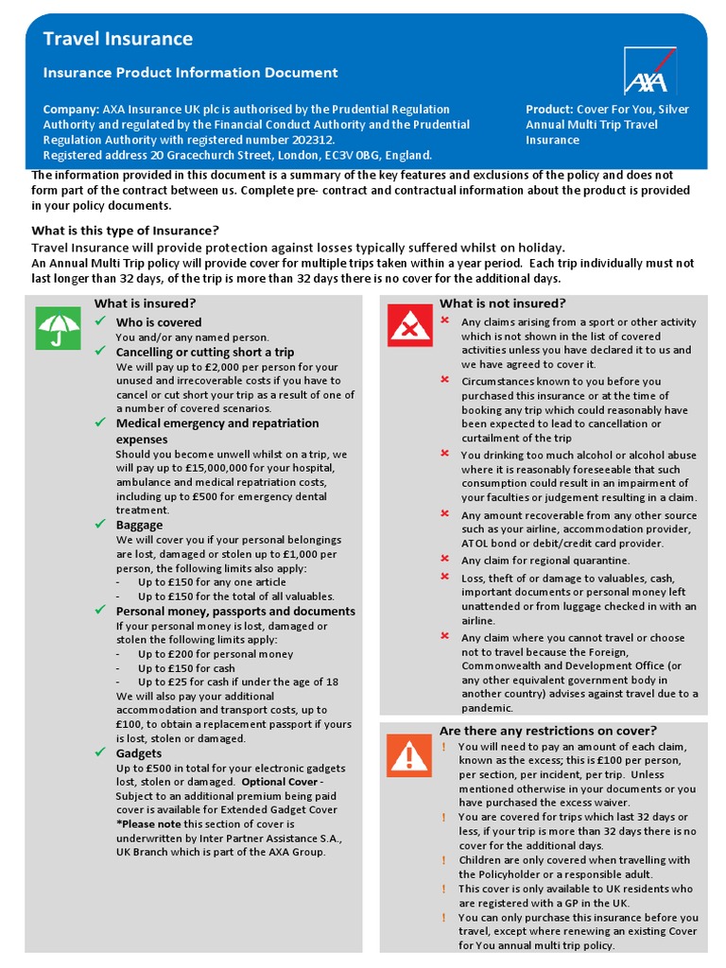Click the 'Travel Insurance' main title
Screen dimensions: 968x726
pyautogui.click(x=117, y=39)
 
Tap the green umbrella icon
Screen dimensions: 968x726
pyautogui.click(x=59, y=329)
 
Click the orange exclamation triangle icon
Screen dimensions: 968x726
pyautogui.click(x=409, y=755)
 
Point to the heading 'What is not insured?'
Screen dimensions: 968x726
pyautogui.click(x=502, y=303)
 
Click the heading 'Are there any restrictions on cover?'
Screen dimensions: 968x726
pyautogui.click(x=547, y=731)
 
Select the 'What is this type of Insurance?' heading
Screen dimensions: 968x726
pyautogui.click(x=125, y=231)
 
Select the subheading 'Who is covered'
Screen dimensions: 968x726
pyautogui.click(x=158, y=322)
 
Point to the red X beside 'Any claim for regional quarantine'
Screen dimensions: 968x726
pyautogui.click(x=444, y=560)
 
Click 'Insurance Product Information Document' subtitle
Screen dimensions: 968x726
pyautogui.click(x=190, y=73)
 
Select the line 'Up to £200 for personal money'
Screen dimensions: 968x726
pyautogui.click(x=215, y=653)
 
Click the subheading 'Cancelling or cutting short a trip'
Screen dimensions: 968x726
pyautogui.click(x=205, y=352)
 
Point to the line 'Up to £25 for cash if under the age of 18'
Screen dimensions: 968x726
pyautogui.click(x=237, y=682)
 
